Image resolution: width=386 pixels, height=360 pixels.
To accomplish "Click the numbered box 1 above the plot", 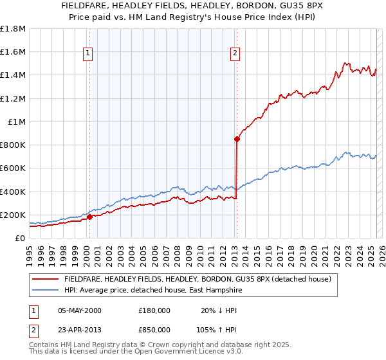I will point(87,53).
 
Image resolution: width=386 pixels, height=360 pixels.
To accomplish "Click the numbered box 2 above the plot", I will point(235,53).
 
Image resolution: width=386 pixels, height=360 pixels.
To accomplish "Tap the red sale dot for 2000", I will point(90,217).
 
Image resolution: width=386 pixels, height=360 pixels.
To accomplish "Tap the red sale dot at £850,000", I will point(237,139).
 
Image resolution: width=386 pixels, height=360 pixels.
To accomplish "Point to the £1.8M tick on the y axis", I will point(13,29).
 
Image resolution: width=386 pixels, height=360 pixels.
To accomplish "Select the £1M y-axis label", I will point(17,122).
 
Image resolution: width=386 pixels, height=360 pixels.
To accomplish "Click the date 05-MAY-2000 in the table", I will point(80,310).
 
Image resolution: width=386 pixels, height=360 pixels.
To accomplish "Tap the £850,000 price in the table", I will point(154,330).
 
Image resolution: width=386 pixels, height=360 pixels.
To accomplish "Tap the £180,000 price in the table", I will point(154,310).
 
